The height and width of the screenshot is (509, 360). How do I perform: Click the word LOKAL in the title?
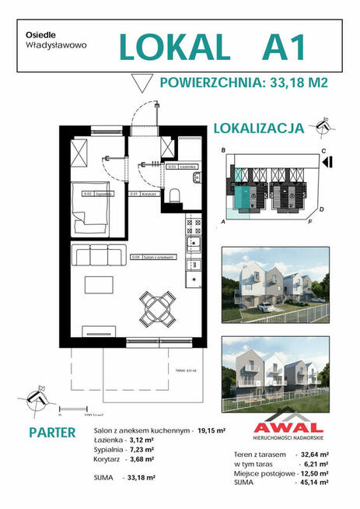tap(175, 46)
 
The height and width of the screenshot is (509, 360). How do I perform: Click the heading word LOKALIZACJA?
tap(257, 130)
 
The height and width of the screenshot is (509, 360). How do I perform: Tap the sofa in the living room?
tap(98, 254)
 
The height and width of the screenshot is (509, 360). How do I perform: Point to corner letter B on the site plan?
tap(223, 149)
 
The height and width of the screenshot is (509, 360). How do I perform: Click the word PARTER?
tap(52, 432)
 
